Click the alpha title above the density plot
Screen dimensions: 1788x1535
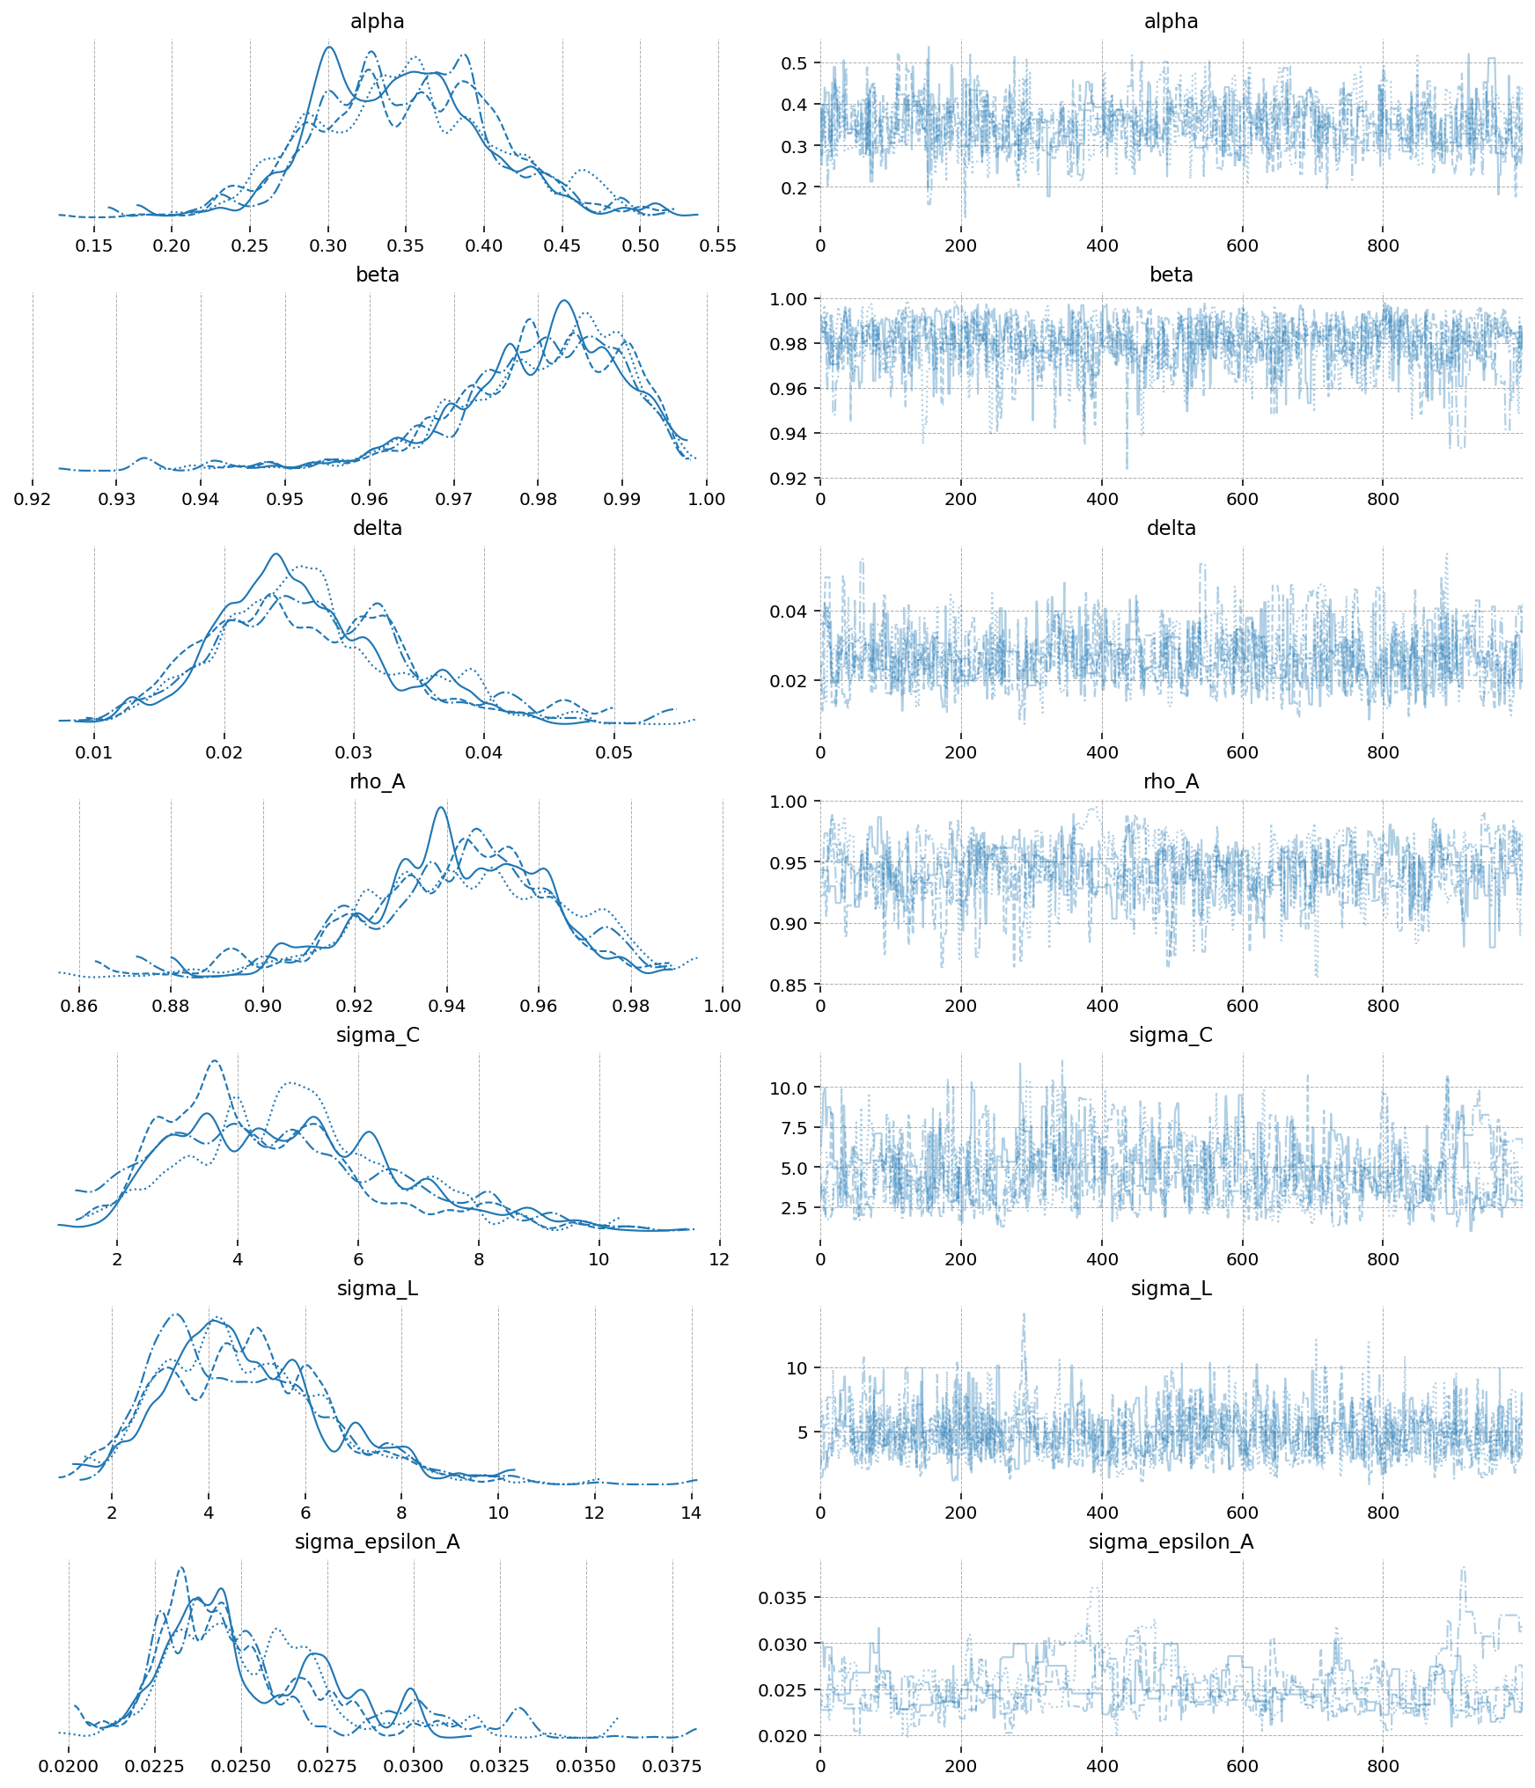tap(377, 21)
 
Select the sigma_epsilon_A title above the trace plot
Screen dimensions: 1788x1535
tap(1171, 1542)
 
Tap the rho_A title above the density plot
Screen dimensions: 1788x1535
tap(377, 781)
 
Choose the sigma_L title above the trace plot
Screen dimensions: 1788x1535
tap(1171, 1288)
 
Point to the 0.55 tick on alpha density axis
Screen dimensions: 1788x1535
tap(718, 245)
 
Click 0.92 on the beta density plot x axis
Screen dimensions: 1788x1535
tap(33, 499)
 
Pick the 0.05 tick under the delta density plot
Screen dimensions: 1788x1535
tap(614, 752)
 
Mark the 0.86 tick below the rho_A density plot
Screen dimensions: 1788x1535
tap(79, 1006)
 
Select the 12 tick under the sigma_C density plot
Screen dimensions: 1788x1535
tap(719, 1259)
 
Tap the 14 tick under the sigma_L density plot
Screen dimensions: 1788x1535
tap(691, 1513)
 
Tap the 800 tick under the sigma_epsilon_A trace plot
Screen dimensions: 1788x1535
tap(1383, 1766)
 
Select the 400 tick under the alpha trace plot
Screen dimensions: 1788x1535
tap(1102, 245)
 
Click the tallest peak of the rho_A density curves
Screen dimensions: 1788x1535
tap(441, 808)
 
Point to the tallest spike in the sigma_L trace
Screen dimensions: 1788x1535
tap(1024, 1315)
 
